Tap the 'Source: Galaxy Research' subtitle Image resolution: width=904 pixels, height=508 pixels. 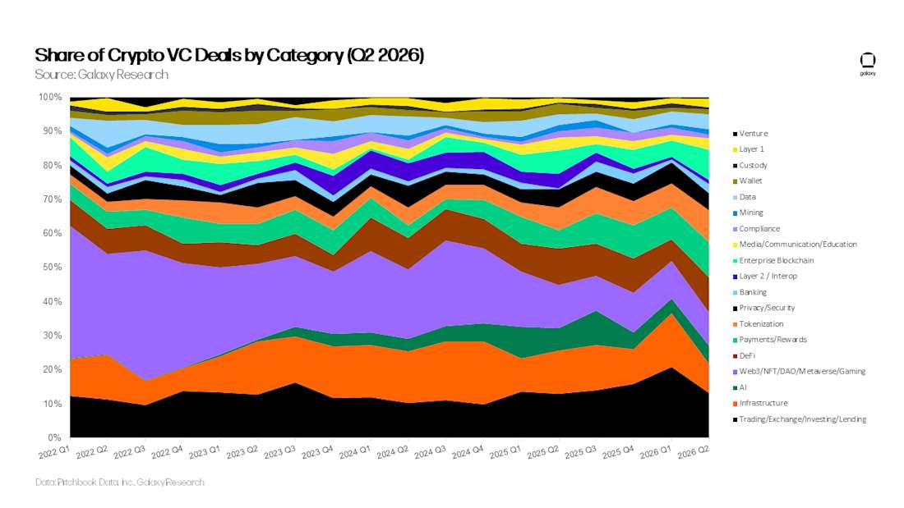click(x=101, y=75)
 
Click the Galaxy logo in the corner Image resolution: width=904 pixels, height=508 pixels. click(x=868, y=64)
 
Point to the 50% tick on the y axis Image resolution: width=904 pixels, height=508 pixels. click(x=51, y=268)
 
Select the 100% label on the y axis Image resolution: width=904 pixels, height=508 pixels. click(x=49, y=98)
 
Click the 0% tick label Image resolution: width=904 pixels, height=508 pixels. click(x=55, y=437)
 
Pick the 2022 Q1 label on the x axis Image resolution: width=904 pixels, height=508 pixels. click(x=54, y=452)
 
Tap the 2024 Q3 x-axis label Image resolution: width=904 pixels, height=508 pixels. click(x=430, y=452)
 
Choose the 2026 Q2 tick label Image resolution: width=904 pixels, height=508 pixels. click(x=694, y=452)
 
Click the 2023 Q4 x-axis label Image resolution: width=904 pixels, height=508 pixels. click(x=317, y=452)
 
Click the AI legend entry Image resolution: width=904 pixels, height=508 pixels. click(x=740, y=387)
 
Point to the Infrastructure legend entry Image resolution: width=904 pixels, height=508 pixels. click(x=760, y=403)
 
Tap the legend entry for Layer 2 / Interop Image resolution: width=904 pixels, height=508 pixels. click(x=765, y=276)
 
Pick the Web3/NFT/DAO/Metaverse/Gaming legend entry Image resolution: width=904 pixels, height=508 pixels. click(x=799, y=372)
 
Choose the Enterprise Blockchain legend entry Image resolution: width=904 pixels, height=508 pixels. click(x=773, y=260)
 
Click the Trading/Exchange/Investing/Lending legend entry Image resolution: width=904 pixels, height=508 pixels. click(x=800, y=419)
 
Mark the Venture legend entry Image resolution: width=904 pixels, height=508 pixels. click(x=750, y=133)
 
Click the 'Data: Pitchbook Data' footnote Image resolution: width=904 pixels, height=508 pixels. click(x=120, y=482)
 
